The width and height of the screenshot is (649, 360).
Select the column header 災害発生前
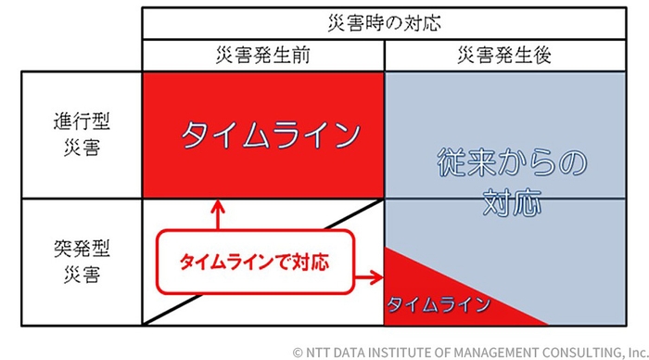(262, 55)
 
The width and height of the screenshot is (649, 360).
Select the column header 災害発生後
(504, 55)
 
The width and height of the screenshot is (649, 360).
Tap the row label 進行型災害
(81, 134)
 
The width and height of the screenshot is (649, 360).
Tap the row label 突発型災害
(81, 262)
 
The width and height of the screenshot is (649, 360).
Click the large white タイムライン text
(270, 135)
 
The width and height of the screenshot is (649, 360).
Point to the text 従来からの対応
(512, 182)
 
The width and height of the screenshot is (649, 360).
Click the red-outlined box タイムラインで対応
(255, 261)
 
